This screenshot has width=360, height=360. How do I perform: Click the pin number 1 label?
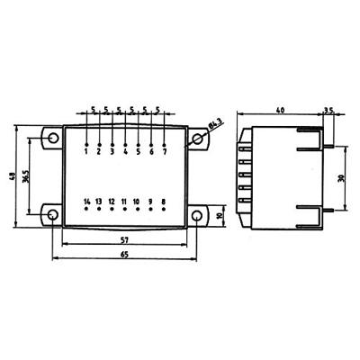85,152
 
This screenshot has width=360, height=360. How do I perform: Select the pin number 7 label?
165,152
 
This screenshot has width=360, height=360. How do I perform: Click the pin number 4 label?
125,152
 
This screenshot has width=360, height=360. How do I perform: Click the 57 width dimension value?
124,239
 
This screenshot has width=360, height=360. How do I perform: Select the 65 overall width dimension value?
124,255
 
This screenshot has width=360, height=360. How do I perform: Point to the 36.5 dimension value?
31,177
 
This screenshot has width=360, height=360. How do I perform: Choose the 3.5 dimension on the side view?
328,109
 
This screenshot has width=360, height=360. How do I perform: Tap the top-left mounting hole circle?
52,139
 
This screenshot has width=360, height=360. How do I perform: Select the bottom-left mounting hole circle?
52,216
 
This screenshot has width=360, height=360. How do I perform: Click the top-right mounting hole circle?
196,139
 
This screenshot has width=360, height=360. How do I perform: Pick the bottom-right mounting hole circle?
196,216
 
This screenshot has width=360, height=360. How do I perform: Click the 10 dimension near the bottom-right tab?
221,216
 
